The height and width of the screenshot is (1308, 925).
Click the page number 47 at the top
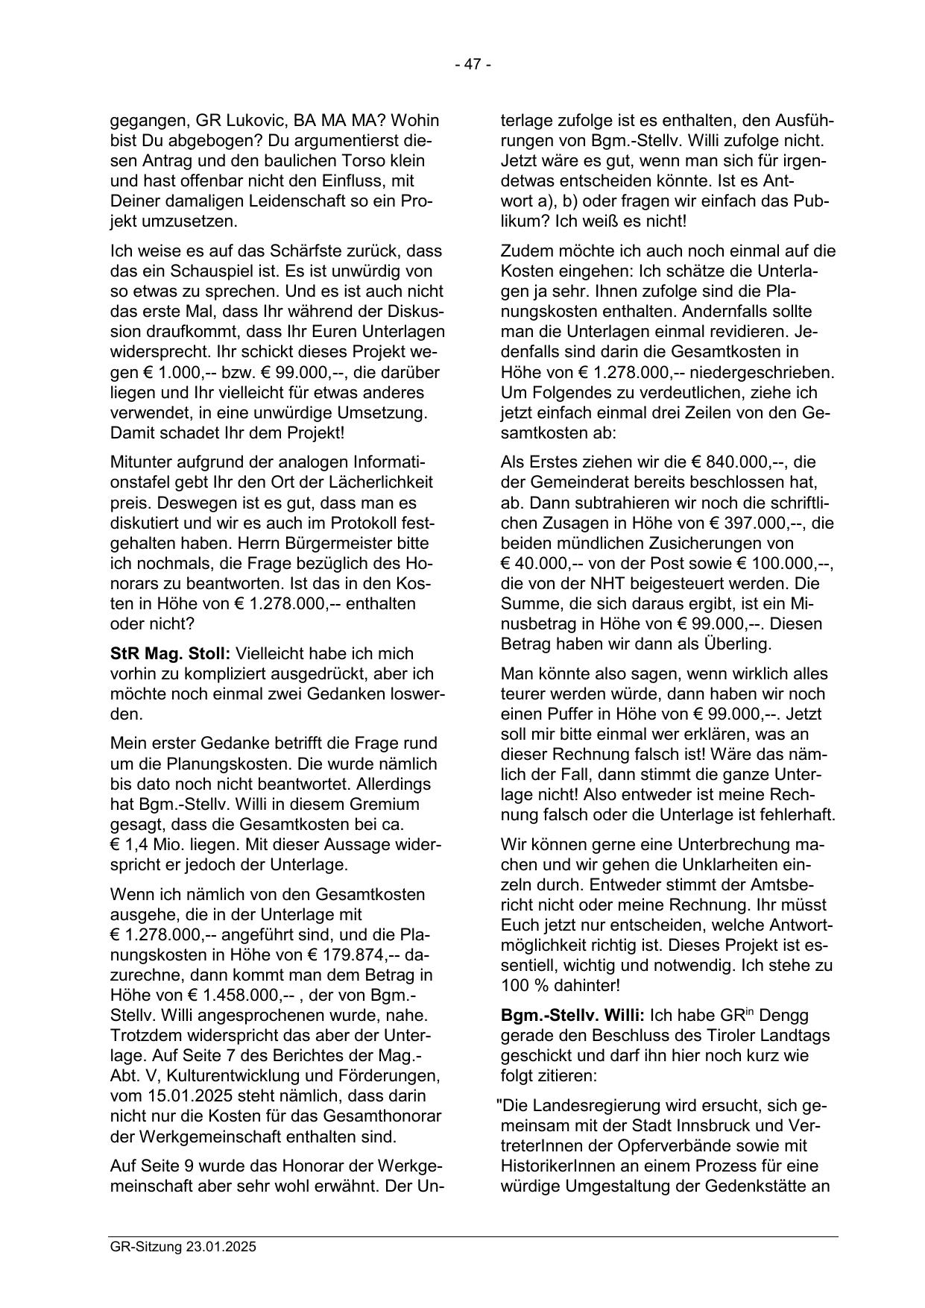pos(473,65)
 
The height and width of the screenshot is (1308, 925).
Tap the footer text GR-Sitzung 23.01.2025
pos(183,1246)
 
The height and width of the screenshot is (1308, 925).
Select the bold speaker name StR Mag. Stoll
pos(170,653)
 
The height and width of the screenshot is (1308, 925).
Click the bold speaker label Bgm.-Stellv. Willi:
pos(573,1015)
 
